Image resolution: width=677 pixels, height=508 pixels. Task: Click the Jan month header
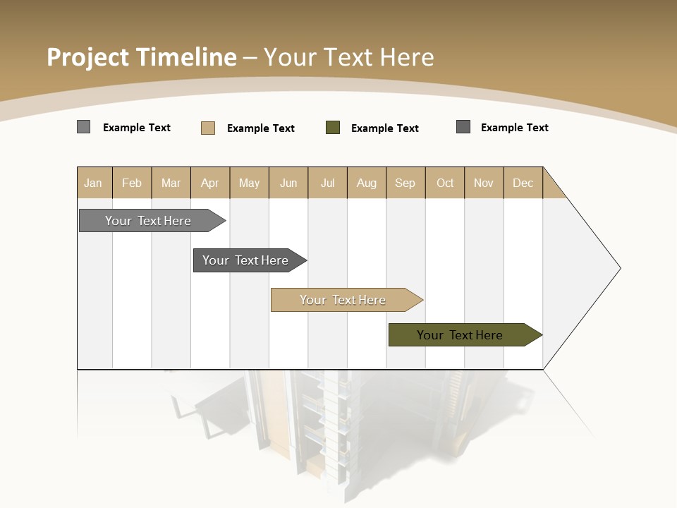pos(93,183)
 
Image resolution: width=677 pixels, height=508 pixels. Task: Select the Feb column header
pos(132,183)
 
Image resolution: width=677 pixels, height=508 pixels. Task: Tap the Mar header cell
pos(171,183)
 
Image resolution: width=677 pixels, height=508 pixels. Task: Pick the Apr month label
pos(210,183)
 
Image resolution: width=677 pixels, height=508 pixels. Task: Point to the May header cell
pos(249,183)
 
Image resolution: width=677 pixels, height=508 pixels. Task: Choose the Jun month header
pos(288,183)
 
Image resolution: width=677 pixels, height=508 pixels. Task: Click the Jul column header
pos(327,183)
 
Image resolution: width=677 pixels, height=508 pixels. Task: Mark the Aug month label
pos(367,183)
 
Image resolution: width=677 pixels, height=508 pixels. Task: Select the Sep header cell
pos(405,183)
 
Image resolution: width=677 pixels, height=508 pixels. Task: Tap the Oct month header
pos(445,183)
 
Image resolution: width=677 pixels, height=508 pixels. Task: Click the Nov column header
pos(484,183)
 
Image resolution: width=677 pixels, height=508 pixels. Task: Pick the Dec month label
pos(523,183)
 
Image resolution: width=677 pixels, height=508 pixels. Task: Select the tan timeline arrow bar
pos(343,300)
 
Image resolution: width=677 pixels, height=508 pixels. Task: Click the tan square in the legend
pos(208,128)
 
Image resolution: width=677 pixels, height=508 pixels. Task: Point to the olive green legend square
pos(333,128)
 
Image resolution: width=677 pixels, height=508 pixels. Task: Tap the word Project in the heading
pos(88,57)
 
